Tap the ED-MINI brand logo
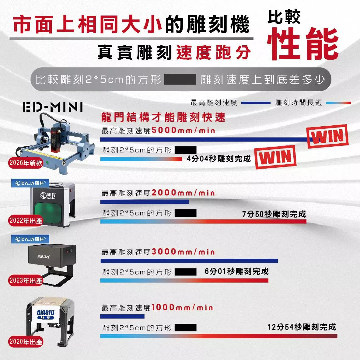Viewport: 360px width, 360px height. point(53,107)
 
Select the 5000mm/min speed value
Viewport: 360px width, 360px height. point(183,130)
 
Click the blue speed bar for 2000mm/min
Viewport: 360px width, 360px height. point(145,202)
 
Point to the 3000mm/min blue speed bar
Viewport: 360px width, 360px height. point(189,261)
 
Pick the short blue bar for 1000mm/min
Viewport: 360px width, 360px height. point(122,316)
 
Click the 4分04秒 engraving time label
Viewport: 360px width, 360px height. point(218,159)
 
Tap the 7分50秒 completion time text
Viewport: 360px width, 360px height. point(274,214)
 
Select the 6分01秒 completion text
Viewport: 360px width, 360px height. point(236,271)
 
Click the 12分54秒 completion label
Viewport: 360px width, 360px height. point(302,327)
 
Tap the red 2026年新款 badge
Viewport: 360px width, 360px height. point(26,163)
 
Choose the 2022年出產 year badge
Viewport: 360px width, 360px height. point(26,221)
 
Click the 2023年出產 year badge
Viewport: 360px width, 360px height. point(26,280)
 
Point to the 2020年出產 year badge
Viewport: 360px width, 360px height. point(26,342)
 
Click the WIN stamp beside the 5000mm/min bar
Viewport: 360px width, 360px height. point(328,136)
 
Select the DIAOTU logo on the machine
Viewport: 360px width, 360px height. point(45,314)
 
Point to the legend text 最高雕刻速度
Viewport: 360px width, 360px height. point(214,103)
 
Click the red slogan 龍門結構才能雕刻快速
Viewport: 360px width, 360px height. point(163,117)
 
